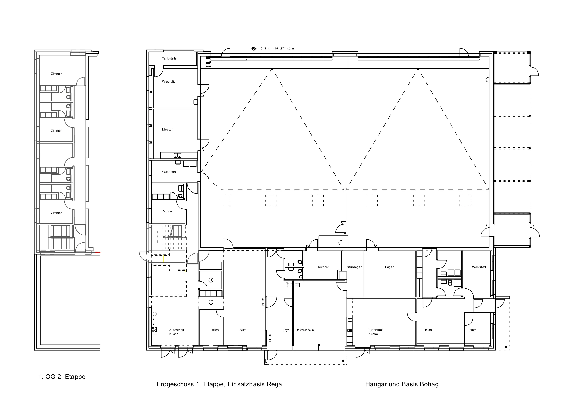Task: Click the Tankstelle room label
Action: tap(169, 58)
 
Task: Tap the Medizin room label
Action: tap(168, 130)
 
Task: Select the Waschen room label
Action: tap(169, 172)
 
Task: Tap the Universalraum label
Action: tap(305, 330)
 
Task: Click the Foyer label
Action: tap(287, 330)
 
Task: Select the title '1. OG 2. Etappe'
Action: tap(62, 377)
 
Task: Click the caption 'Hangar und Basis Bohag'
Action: tap(402, 384)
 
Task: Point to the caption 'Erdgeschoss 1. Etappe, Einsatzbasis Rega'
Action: tap(219, 384)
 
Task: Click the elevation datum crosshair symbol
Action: tap(254, 49)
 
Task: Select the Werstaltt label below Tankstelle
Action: tap(168, 82)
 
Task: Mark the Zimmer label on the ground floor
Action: tap(167, 211)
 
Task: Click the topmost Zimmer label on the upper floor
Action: tap(56, 74)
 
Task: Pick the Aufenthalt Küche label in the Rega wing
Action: tap(176, 332)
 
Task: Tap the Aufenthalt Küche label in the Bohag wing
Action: tap(376, 332)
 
